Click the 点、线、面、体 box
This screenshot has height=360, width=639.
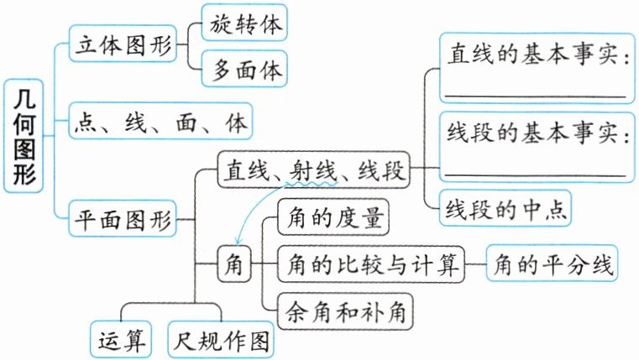pos(160,123)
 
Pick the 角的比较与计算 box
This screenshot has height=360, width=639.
pos(370,266)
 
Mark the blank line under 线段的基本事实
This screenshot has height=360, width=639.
pos(534,175)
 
